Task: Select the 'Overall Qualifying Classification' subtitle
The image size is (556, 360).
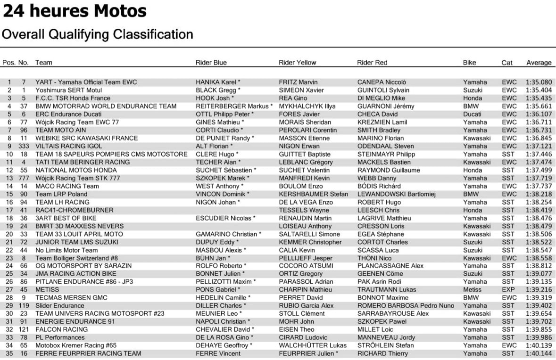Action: pos(98,34)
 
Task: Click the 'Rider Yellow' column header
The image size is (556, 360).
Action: pos(298,63)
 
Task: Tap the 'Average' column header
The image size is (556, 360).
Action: pos(539,63)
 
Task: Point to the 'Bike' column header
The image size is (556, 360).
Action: pos(469,63)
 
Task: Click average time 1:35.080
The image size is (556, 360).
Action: pos(539,82)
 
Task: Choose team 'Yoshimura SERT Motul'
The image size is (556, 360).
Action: pos(68,90)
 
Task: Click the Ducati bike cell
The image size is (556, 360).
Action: pos(473,114)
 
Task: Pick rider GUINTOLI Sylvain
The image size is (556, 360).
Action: pos(383,90)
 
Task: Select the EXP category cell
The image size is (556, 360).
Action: pos(508,290)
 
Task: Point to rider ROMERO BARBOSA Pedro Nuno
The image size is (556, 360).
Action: pos(406,306)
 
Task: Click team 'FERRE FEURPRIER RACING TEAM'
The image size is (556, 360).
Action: pos(88,353)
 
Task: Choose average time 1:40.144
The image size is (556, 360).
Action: pos(539,353)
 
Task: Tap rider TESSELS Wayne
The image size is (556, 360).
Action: pos(304,210)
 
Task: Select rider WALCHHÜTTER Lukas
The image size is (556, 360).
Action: pos(313,345)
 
